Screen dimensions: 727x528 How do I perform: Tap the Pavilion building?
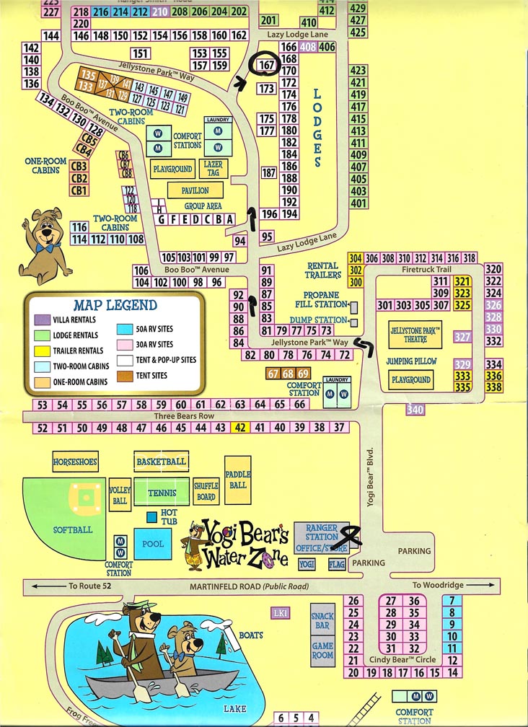(x=190, y=190)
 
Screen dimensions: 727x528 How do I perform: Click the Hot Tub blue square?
(x=151, y=517)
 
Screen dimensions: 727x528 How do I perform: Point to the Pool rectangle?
(x=153, y=544)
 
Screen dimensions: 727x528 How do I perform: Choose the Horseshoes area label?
(x=75, y=462)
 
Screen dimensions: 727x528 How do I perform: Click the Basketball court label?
(x=161, y=462)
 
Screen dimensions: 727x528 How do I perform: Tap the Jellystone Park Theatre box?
(x=415, y=335)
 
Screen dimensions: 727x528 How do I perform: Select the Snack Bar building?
(x=322, y=621)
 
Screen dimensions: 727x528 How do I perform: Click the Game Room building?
(x=322, y=651)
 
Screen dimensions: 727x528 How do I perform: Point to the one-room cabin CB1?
(x=79, y=190)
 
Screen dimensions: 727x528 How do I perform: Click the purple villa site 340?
(x=415, y=410)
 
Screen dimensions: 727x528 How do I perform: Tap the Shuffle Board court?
(x=206, y=492)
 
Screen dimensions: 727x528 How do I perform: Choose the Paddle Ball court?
(x=237, y=480)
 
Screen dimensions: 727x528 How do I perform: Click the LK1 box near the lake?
(x=281, y=613)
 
